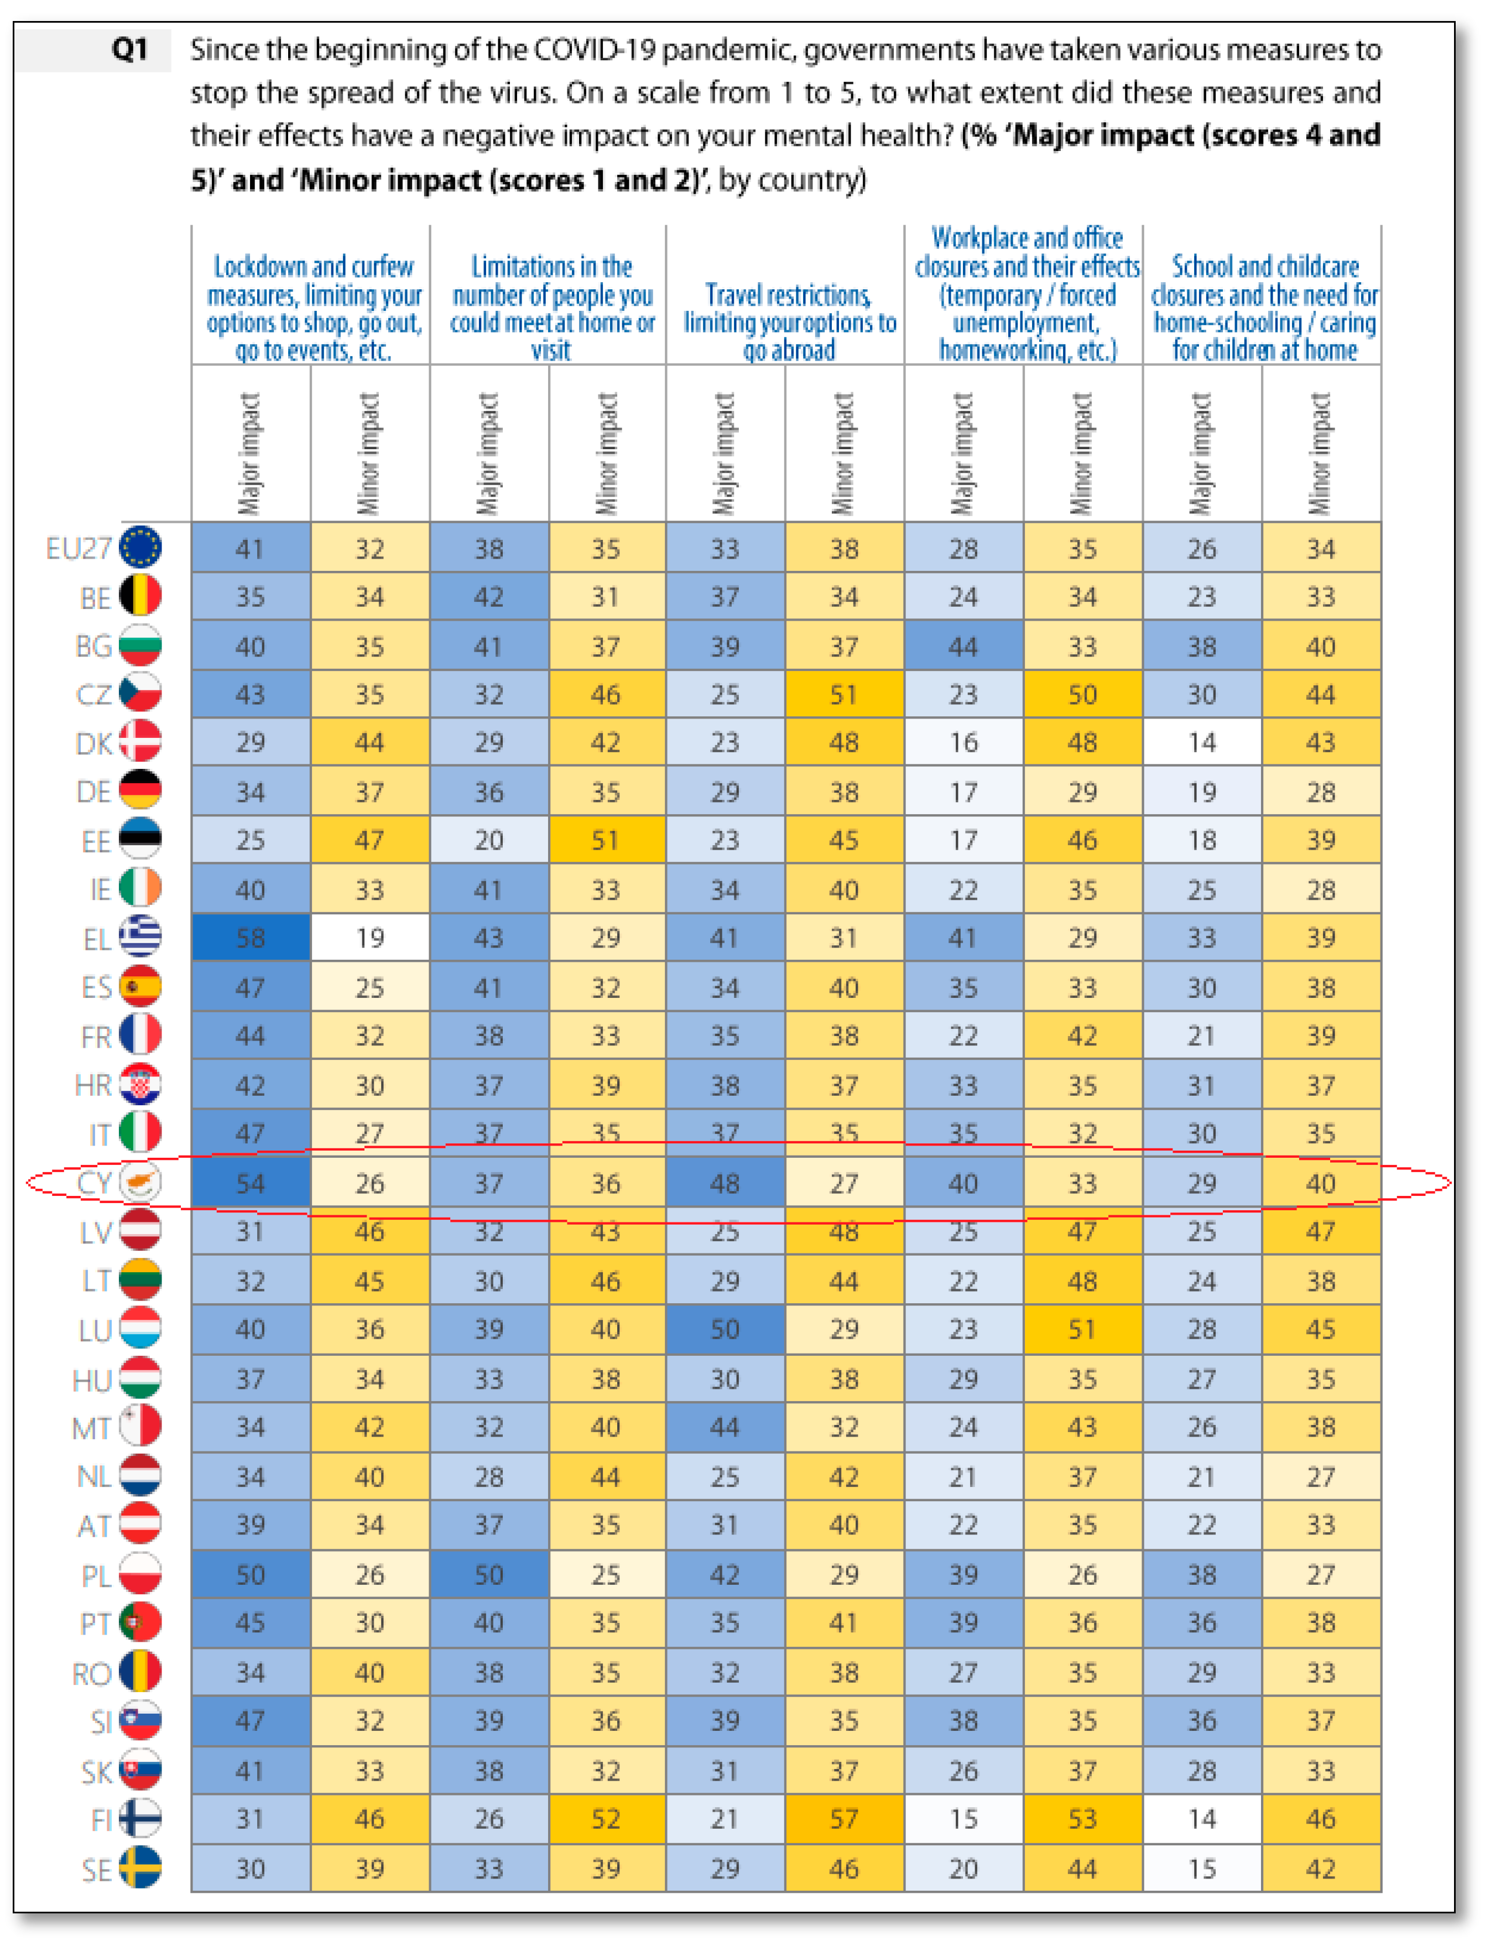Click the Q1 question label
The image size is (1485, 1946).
click(x=129, y=50)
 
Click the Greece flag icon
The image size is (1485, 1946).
click(x=140, y=936)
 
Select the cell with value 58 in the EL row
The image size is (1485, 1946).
click(x=250, y=937)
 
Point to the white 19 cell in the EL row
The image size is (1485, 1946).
click(x=369, y=937)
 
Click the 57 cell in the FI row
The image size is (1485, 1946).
click(x=843, y=1819)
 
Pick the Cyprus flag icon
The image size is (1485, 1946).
click(x=140, y=1182)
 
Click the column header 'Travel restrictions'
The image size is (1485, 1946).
click(x=789, y=322)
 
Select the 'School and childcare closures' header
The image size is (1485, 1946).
click(x=1263, y=308)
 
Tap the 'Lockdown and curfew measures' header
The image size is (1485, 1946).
click(x=314, y=308)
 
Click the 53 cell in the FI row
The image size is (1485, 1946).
click(x=1082, y=1819)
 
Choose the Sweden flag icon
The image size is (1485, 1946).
click(x=140, y=1867)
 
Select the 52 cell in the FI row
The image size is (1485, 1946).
click(x=606, y=1819)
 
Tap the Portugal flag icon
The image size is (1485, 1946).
click(x=140, y=1622)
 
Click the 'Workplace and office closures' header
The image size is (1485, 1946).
click(x=1027, y=294)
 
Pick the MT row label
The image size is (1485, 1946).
click(x=91, y=1428)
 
